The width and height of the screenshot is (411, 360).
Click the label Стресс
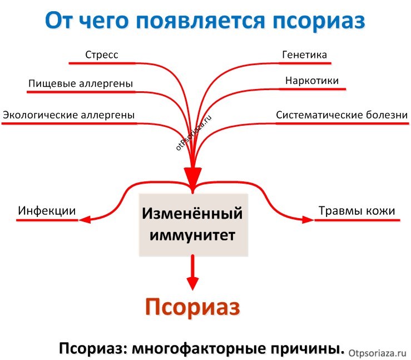point(102,55)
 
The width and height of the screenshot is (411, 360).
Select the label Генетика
point(304,55)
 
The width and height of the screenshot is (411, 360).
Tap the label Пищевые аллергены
point(81,83)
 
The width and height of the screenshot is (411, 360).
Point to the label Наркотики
point(311,81)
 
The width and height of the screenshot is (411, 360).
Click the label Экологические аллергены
point(69,115)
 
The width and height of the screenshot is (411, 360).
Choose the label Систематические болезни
point(341,115)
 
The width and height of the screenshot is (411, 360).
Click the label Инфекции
point(47,211)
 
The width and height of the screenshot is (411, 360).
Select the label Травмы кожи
point(356,211)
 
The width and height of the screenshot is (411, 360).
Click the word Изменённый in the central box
point(192,213)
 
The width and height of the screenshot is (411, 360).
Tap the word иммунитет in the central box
point(192,235)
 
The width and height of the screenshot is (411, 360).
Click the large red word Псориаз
point(192,307)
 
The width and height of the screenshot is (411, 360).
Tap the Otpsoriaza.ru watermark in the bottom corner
point(378,351)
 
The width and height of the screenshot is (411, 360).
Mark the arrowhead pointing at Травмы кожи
point(308,220)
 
